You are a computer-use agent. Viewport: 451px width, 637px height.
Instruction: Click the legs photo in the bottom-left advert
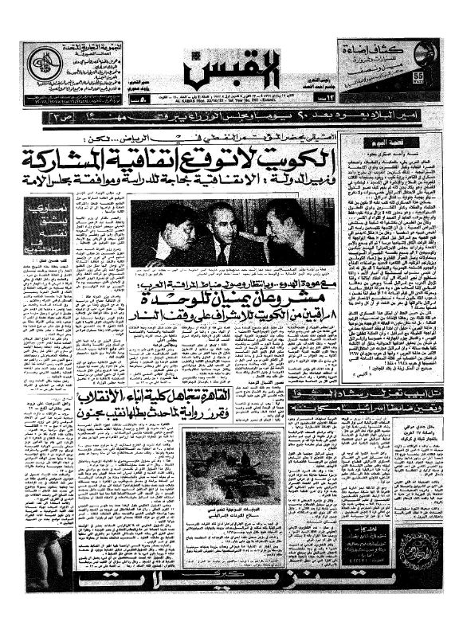click(x=48, y=561)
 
